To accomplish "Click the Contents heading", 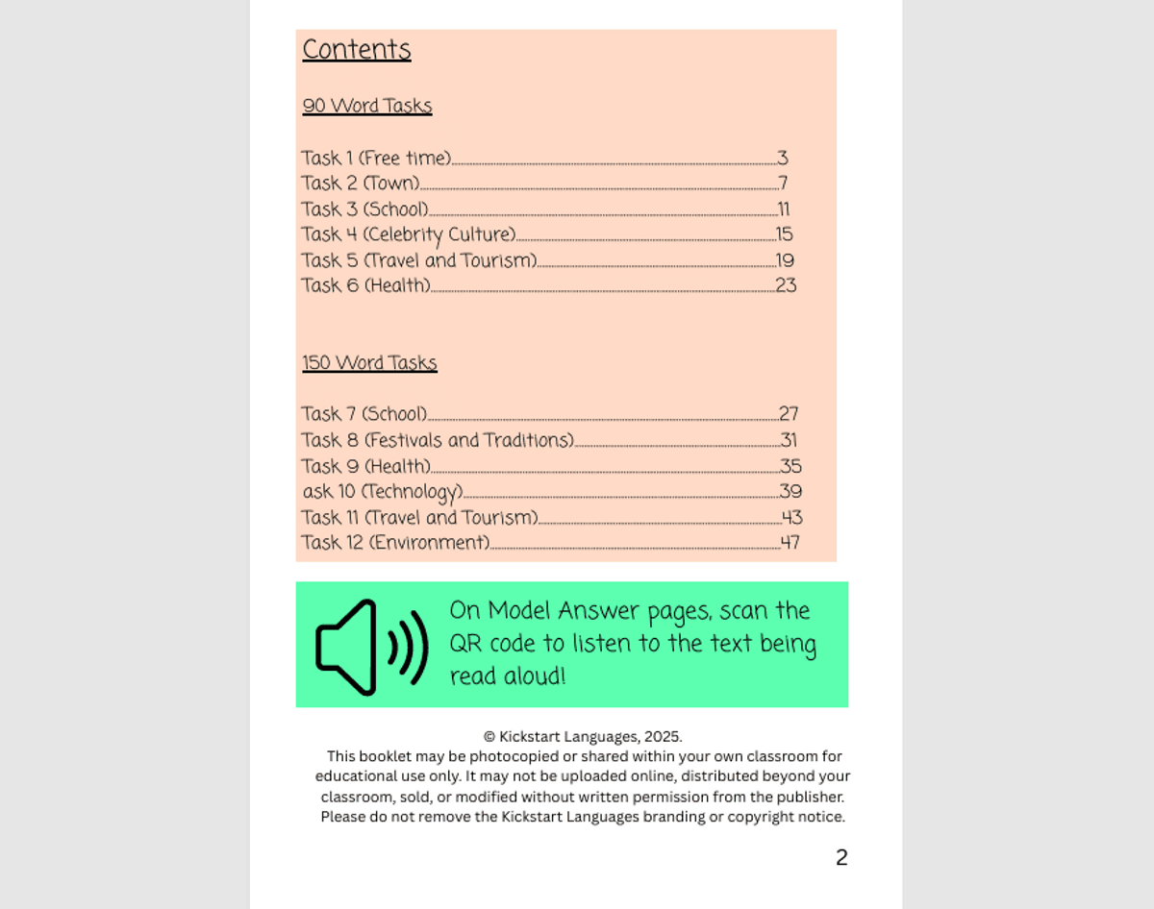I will coord(357,50).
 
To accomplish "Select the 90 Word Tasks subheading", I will coord(367,106).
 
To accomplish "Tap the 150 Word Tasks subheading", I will coord(369,363).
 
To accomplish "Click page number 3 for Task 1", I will coord(783,159).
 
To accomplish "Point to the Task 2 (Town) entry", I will coord(361,184).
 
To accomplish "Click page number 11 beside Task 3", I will coord(784,209).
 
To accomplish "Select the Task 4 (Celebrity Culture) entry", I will coord(409,234).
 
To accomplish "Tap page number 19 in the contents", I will coord(785,260).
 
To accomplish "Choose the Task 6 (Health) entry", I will coord(365,285).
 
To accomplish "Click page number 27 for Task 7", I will coord(789,414).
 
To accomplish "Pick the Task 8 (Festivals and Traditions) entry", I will coord(438,440).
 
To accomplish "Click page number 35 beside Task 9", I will coord(790,466).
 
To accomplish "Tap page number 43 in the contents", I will coord(791,518).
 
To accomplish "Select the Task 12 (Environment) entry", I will coord(395,543).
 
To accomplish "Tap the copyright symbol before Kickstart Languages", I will coord(489,737).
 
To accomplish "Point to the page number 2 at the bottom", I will coord(841,857).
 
